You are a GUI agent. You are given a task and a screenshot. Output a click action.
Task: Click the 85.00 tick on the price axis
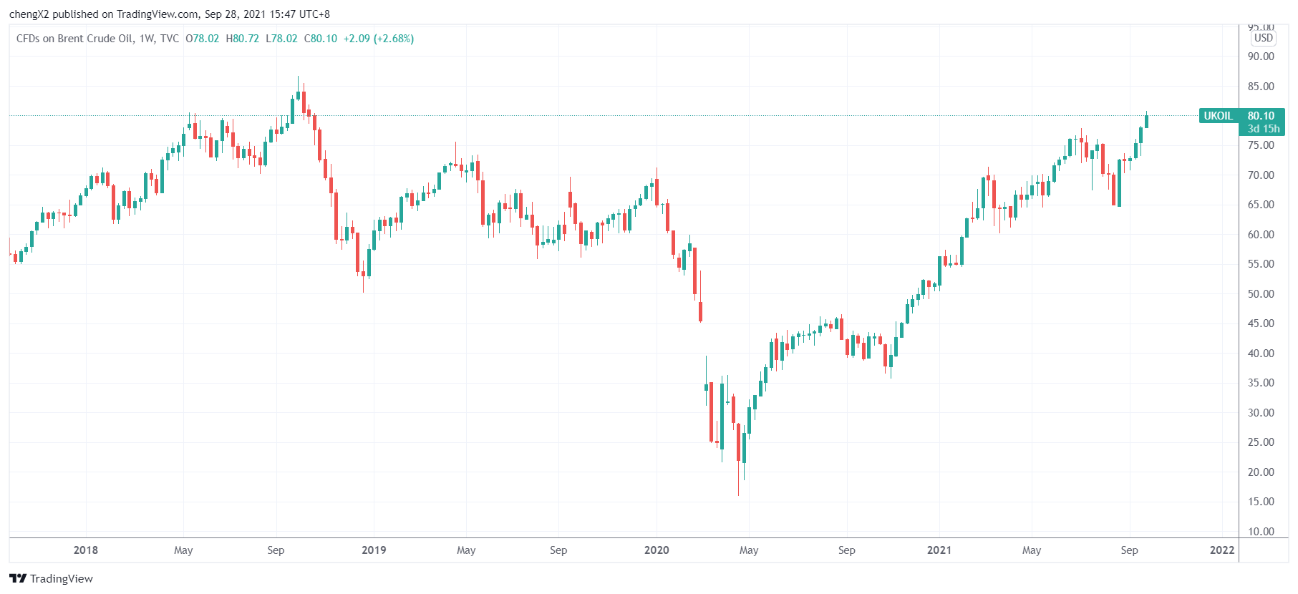point(1261,87)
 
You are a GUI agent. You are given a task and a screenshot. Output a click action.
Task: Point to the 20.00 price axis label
point(1261,472)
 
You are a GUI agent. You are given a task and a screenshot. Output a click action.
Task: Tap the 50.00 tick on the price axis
point(1261,294)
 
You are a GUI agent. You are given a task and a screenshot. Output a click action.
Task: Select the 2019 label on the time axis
point(374,550)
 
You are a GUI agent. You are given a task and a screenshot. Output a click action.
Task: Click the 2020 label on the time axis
point(657,550)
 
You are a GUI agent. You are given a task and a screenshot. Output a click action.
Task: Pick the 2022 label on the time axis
point(1222,550)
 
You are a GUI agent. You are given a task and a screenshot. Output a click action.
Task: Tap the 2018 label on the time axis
point(86,550)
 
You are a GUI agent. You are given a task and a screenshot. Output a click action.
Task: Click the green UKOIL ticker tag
point(1219,116)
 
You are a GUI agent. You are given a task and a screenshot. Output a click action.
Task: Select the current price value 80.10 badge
point(1261,116)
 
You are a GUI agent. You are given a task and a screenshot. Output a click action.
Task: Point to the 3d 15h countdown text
point(1264,129)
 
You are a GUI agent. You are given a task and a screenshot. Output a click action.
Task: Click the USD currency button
point(1264,38)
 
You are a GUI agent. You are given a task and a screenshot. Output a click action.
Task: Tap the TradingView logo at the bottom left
point(52,578)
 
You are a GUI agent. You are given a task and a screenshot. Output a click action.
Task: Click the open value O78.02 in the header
point(203,39)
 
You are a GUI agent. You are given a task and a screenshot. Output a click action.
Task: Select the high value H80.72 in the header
point(243,39)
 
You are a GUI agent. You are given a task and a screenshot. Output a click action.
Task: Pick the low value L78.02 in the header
point(282,39)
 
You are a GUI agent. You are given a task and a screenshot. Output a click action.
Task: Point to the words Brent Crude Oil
point(95,39)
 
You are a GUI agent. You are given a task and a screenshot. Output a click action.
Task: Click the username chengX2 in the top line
point(29,14)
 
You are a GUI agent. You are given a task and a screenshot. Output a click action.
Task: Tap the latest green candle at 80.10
point(1146,121)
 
